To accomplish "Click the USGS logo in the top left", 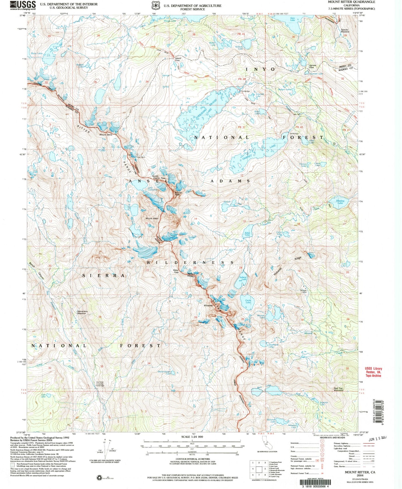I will click(x=23, y=5).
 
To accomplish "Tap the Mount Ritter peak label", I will click(x=152, y=218).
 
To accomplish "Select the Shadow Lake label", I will click(x=340, y=201).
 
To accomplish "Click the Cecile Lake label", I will click(x=248, y=301).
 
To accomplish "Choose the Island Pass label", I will click(x=177, y=59).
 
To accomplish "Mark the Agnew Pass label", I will click(x=312, y=66).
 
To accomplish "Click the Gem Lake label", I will click(x=292, y=19).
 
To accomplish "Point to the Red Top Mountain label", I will click(x=339, y=389).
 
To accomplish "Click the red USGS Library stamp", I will click(x=373, y=372).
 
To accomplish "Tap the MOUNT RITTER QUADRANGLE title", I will click(x=351, y=2).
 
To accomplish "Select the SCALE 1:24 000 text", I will click(x=192, y=437).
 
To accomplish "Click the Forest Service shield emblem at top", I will click(x=155, y=6).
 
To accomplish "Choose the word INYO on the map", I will click(x=260, y=69).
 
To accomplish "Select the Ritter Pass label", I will click(x=176, y=271).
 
